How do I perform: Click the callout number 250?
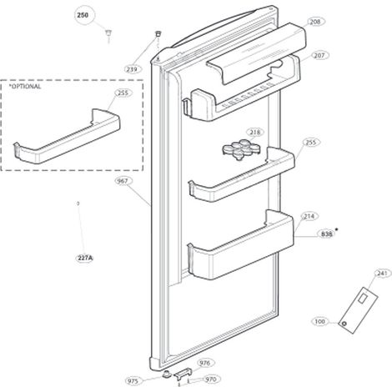83,15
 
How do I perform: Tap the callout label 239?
132,69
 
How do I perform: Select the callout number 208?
315,22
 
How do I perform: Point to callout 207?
319,56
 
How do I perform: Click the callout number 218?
255,132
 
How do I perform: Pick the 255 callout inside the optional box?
123,93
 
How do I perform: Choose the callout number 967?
123,181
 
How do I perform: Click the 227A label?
85,259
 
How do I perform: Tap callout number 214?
309,216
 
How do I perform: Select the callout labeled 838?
327,234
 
